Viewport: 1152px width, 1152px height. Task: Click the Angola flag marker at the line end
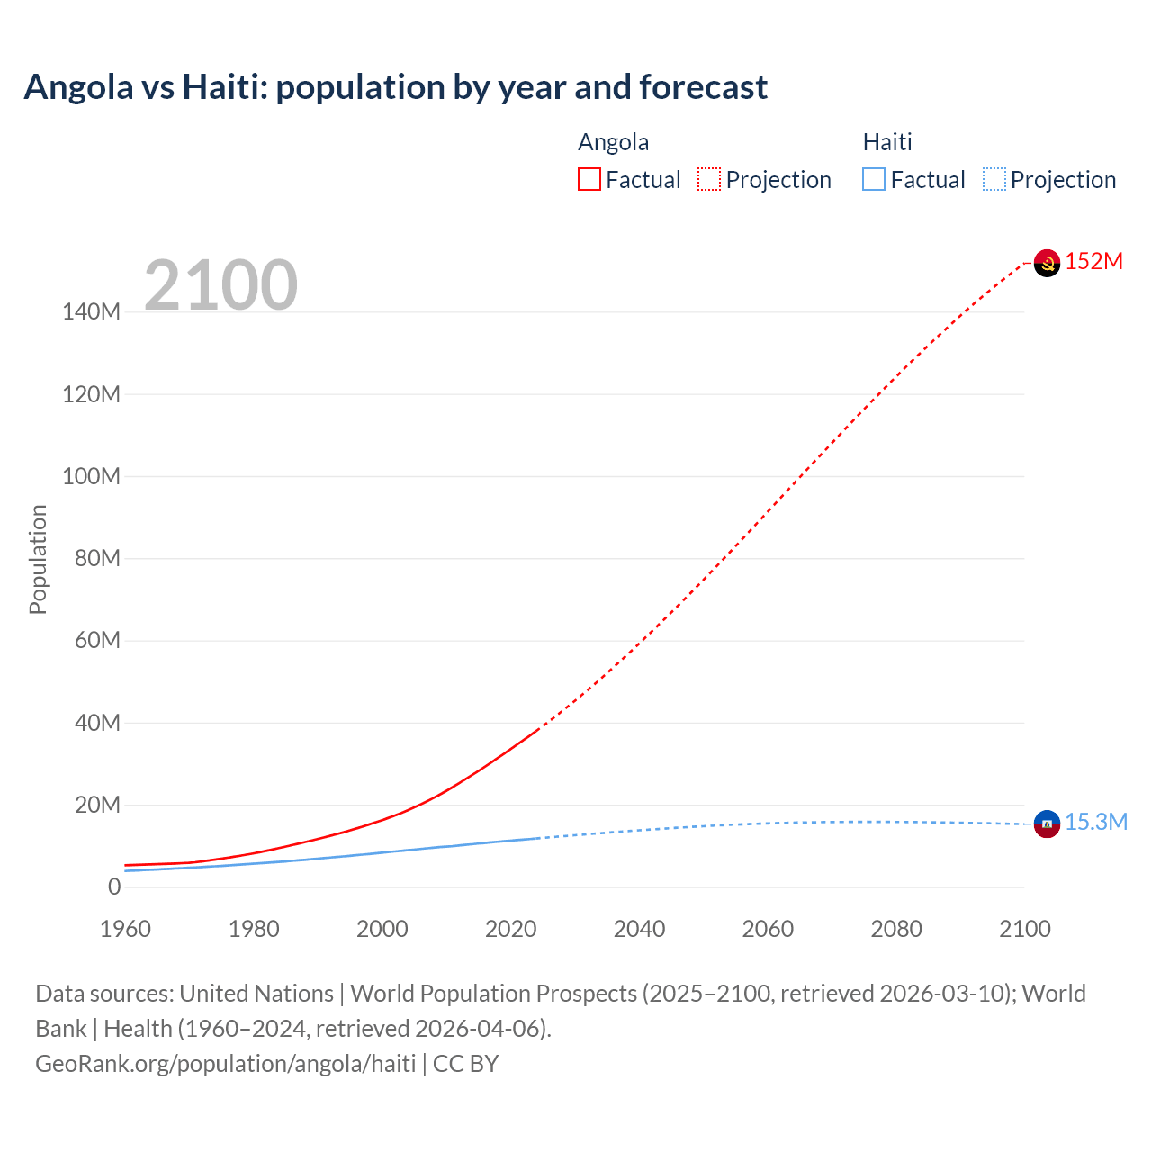(1047, 263)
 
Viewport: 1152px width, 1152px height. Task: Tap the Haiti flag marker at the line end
(1047, 823)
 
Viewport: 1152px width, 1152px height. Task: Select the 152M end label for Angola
(1094, 262)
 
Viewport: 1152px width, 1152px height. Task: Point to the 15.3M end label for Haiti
(1096, 823)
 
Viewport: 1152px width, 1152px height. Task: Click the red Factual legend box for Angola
(589, 180)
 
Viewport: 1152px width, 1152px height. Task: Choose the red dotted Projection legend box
(709, 180)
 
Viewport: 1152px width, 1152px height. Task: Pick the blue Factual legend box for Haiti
(874, 180)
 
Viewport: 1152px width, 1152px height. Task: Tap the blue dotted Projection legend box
(994, 180)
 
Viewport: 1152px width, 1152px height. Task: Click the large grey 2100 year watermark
(220, 285)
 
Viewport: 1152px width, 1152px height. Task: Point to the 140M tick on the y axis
(91, 312)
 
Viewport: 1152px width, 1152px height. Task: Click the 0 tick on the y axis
(114, 887)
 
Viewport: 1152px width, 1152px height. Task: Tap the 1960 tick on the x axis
(125, 930)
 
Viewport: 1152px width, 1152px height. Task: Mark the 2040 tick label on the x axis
(639, 930)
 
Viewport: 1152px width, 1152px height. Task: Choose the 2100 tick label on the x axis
(1024, 930)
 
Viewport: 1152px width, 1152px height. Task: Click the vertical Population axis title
(38, 559)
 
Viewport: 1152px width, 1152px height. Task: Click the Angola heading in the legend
(613, 142)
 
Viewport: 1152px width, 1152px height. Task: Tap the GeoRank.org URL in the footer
(225, 1064)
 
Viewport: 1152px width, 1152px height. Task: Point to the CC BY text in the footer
(465, 1064)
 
